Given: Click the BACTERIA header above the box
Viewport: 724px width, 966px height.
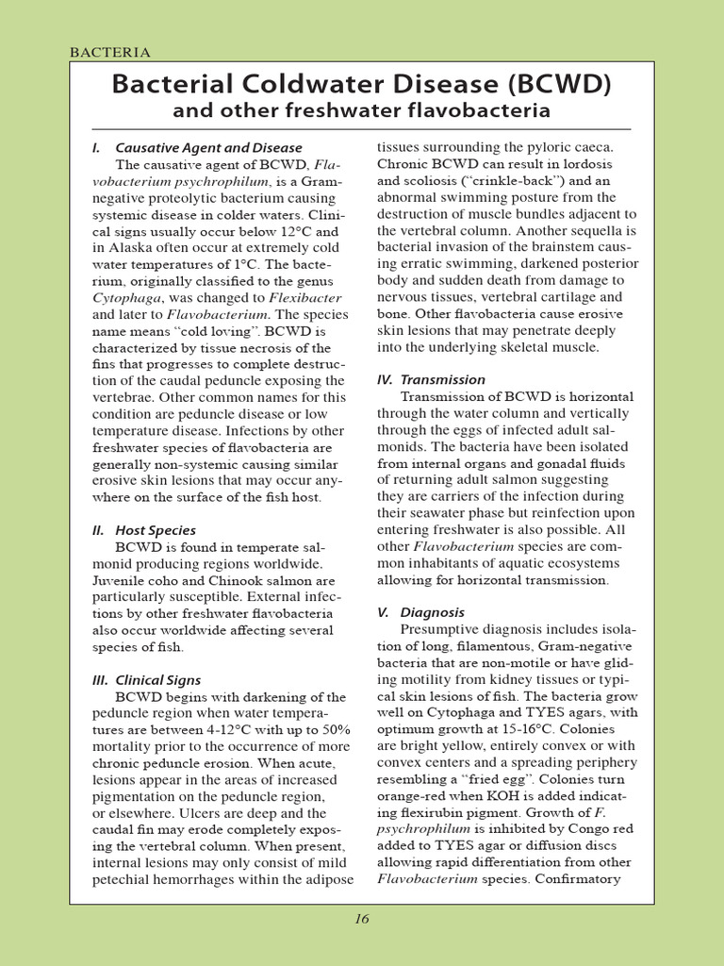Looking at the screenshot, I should tap(110, 52).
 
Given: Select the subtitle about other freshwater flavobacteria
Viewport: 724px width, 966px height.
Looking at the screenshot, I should tap(361, 112).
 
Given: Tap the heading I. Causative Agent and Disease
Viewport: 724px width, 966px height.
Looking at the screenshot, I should tap(197, 147).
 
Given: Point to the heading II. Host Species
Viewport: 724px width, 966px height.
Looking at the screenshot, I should tap(144, 530).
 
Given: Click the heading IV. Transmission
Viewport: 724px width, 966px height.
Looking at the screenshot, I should tap(431, 379).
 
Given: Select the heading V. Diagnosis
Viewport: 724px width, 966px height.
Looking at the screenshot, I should tap(422, 612).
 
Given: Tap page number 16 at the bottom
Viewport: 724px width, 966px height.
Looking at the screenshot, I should tap(362, 920).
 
